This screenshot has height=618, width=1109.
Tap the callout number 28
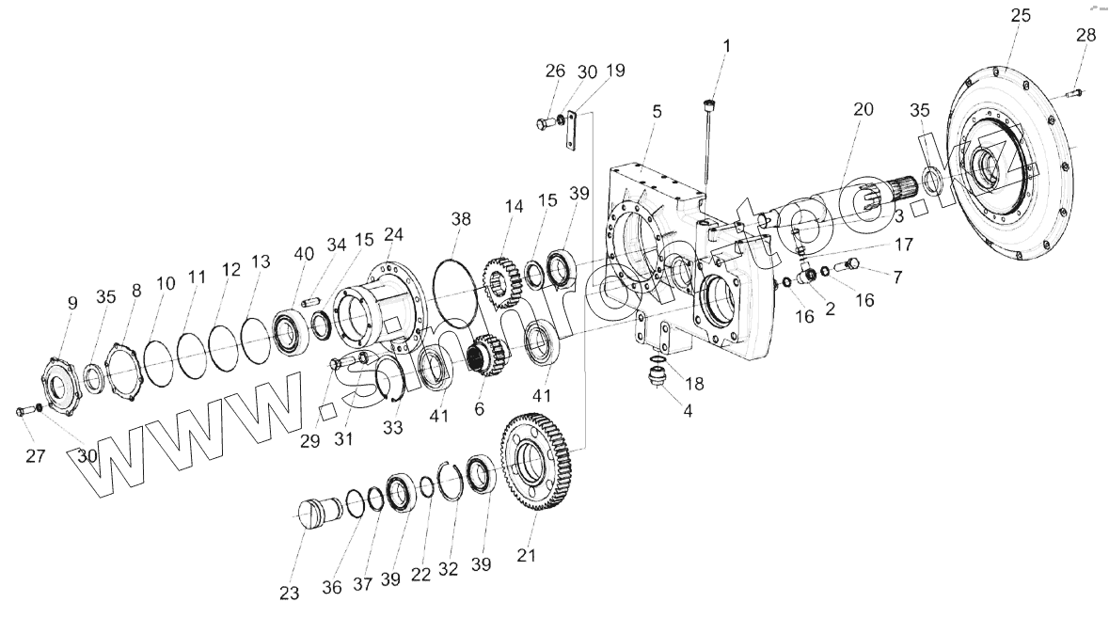(1085, 36)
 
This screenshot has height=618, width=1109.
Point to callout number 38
(460, 218)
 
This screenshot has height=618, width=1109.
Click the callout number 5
(657, 111)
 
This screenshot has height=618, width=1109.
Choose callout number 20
(863, 109)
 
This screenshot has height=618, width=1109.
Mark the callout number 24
(393, 233)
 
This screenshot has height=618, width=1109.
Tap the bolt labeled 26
(547, 122)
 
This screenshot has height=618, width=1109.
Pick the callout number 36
(331, 587)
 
